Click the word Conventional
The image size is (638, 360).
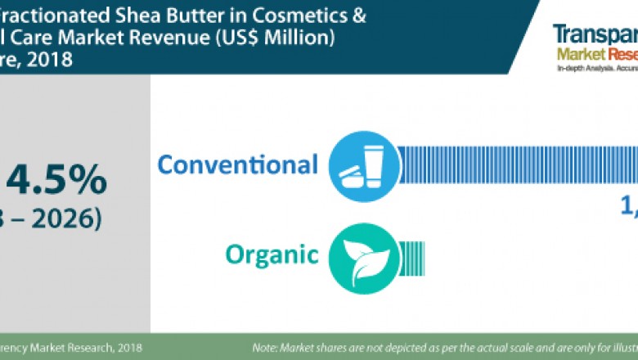237,164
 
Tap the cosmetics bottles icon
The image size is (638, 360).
361,164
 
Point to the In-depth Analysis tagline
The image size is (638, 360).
583,70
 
